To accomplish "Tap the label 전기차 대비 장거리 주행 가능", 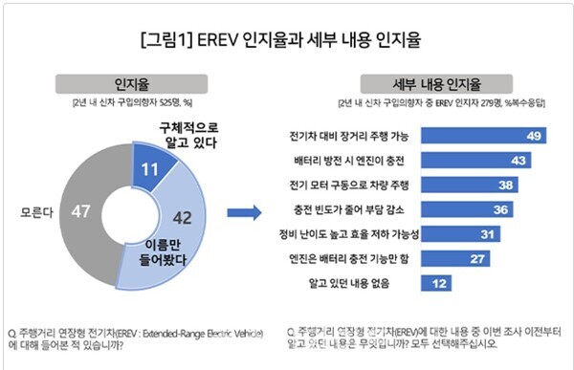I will [x=356, y=136].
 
